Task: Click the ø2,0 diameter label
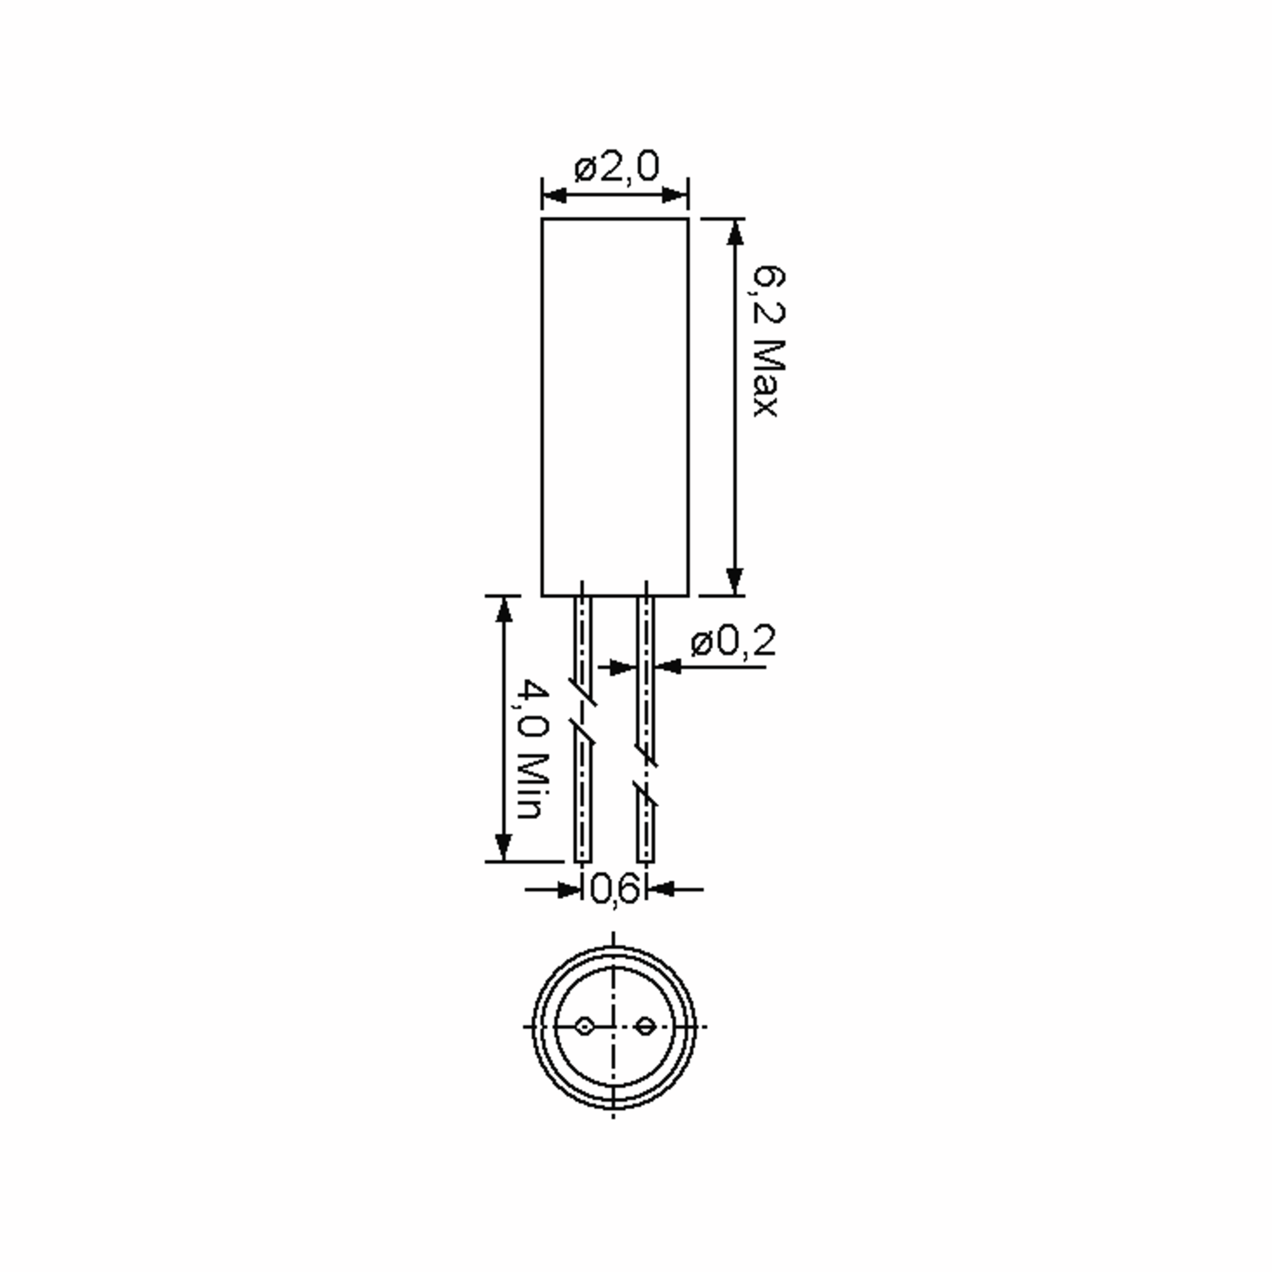pos(616,168)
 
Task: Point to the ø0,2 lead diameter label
pos(733,641)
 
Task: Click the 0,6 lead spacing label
pos(615,889)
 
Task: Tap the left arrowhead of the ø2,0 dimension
pos(554,196)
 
